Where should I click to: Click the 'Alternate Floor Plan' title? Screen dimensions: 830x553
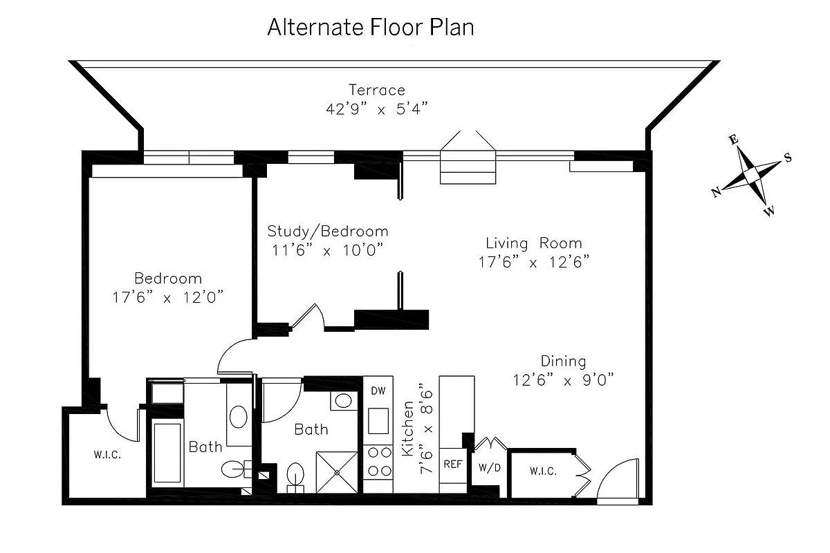[x=371, y=28]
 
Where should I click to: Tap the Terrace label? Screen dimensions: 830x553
[x=377, y=90]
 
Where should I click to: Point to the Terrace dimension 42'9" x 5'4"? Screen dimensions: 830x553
[x=377, y=109]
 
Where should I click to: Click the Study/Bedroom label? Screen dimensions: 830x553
[x=328, y=232]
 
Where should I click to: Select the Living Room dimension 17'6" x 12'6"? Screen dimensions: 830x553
[x=533, y=262]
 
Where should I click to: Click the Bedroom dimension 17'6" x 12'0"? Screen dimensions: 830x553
[x=168, y=297]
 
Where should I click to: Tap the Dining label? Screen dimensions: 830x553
[x=563, y=362]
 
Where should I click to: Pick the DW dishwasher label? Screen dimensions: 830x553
[x=378, y=391]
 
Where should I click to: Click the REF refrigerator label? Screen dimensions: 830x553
[x=453, y=464]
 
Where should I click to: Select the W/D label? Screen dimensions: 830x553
[x=490, y=468]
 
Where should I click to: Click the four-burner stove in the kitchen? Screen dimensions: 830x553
[x=378, y=462]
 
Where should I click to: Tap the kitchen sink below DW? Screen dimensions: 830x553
[x=378, y=421]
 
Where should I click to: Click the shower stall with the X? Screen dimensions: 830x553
[x=337, y=473]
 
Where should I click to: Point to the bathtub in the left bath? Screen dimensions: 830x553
[x=167, y=453]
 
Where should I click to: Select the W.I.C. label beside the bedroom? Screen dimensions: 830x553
[x=107, y=455]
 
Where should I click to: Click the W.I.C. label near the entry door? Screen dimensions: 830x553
[x=543, y=471]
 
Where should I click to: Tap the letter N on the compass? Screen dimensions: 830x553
[x=716, y=192]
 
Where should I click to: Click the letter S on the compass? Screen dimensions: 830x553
[x=788, y=158]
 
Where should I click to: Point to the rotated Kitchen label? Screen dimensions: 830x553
[x=407, y=428]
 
